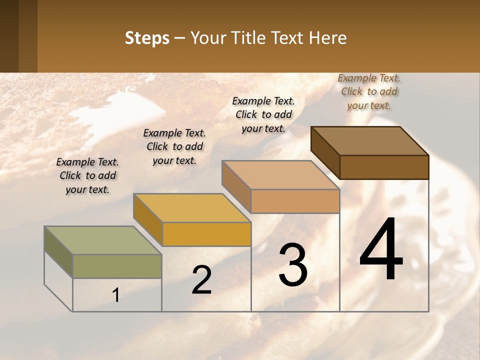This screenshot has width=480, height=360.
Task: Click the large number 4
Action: click(381, 250)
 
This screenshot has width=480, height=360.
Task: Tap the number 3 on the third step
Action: click(293, 265)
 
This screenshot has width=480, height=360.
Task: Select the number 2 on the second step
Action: click(201, 280)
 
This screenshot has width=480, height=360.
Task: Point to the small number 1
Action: click(116, 295)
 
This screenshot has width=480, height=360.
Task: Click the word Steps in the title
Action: click(147, 38)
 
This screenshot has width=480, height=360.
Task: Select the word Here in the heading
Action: click(328, 38)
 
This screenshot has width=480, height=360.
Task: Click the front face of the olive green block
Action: click(117, 266)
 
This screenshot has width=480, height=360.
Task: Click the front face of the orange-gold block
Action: click(206, 234)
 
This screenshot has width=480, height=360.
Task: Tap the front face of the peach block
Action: click(295, 201)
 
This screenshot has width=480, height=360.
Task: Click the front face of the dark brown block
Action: click(384, 167)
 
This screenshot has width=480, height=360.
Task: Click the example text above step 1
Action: click(87, 175)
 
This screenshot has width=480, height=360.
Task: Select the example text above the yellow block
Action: click(174, 146)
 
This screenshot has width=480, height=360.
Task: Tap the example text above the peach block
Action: click(263, 114)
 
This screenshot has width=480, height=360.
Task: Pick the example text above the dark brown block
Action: click(369, 91)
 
